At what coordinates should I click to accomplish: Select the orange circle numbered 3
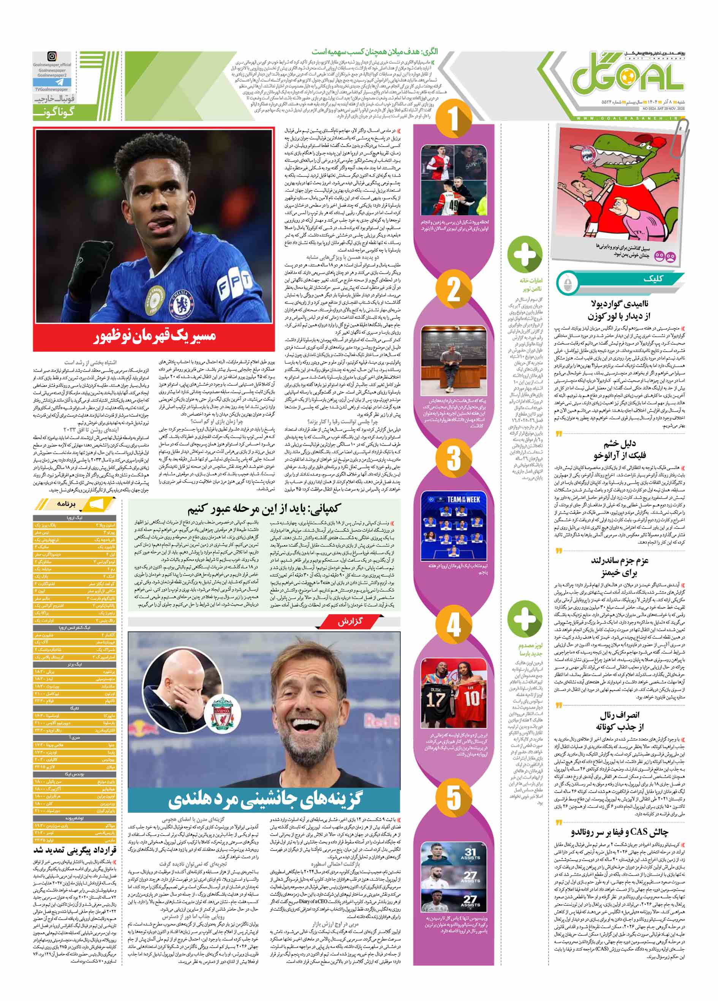coord(454,458)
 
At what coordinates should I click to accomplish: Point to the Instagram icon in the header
coord(52,57)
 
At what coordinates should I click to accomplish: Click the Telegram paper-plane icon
coord(52,82)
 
